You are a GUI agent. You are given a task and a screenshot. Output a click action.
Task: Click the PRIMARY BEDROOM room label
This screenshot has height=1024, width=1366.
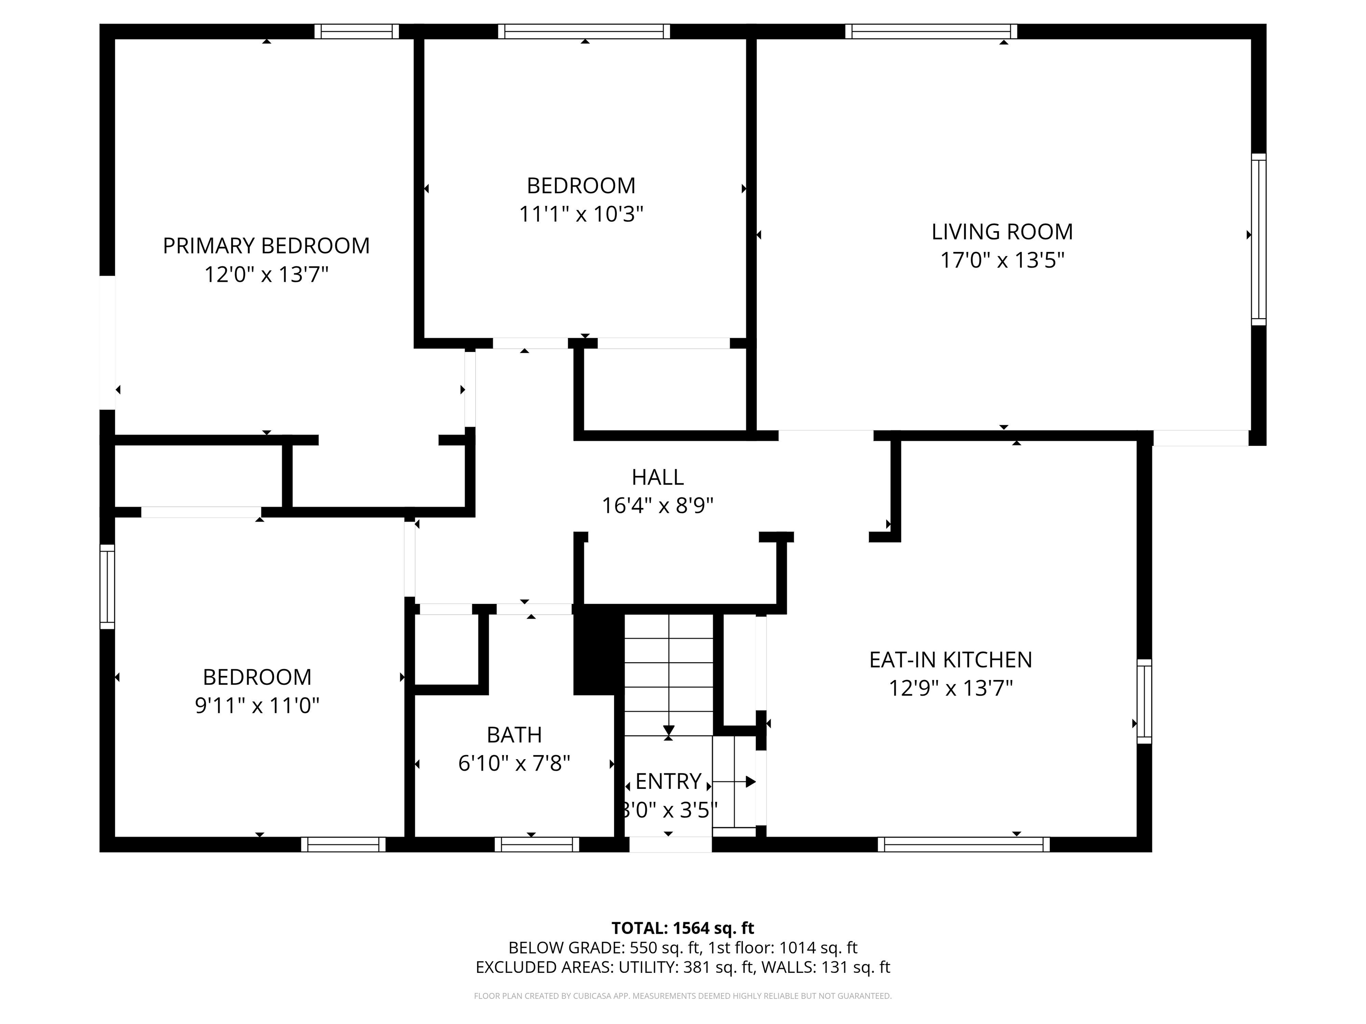coord(266,246)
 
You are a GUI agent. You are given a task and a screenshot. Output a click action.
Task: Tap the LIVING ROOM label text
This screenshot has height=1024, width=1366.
coord(1002,232)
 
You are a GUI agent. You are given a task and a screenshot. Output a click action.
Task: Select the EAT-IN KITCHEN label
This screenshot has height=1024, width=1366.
coord(950,660)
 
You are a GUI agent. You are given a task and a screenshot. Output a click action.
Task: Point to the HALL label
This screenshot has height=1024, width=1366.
coord(658,477)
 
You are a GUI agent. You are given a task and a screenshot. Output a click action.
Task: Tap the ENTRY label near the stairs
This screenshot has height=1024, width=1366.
coord(668,781)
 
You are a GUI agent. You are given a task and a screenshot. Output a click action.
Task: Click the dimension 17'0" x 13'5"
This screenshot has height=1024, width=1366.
coord(1002,260)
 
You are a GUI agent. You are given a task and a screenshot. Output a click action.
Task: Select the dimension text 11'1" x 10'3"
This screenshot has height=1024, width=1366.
coord(581,214)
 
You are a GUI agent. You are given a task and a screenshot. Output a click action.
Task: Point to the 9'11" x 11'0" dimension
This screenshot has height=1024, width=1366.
coord(257,705)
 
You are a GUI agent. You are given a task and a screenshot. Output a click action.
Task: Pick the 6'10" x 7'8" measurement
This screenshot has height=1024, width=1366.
coord(514,764)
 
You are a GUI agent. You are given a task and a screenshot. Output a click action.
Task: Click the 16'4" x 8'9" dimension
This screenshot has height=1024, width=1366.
coord(658,505)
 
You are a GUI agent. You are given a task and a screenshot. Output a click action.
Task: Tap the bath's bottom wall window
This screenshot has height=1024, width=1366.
coord(537,844)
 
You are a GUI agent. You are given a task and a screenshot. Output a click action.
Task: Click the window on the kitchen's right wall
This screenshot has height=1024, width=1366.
coord(1144,701)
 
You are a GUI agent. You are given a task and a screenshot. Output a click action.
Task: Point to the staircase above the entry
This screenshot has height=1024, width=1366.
coord(669,675)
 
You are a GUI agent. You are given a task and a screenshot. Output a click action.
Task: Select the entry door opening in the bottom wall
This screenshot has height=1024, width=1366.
coord(671,844)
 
